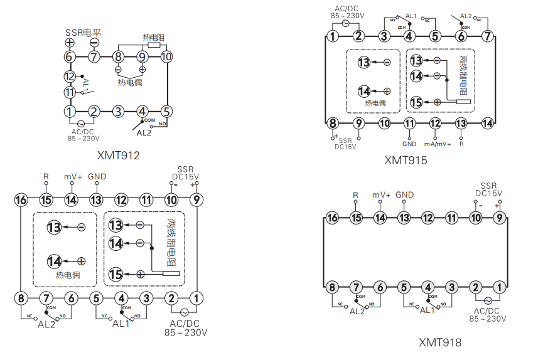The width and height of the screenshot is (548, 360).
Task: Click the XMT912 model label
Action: [119, 155]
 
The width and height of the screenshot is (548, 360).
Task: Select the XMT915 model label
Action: [406, 160]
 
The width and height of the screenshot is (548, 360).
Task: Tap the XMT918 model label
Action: [440, 342]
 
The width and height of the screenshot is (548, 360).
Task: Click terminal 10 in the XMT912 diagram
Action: [166, 57]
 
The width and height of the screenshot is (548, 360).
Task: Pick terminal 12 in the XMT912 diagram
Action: [70, 77]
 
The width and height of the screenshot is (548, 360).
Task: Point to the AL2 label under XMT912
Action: [144, 133]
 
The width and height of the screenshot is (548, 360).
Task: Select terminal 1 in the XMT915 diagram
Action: [333, 36]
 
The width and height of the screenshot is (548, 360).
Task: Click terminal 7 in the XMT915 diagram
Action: [487, 36]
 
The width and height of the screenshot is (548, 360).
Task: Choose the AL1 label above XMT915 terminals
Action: [412, 16]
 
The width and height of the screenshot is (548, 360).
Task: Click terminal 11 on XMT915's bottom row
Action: [410, 124]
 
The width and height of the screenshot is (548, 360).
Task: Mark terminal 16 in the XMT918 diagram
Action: [332, 218]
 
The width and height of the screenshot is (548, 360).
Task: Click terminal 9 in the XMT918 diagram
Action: [500, 218]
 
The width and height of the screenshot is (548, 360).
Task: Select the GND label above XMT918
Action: [405, 195]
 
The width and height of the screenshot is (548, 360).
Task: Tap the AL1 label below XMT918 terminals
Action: [427, 310]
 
